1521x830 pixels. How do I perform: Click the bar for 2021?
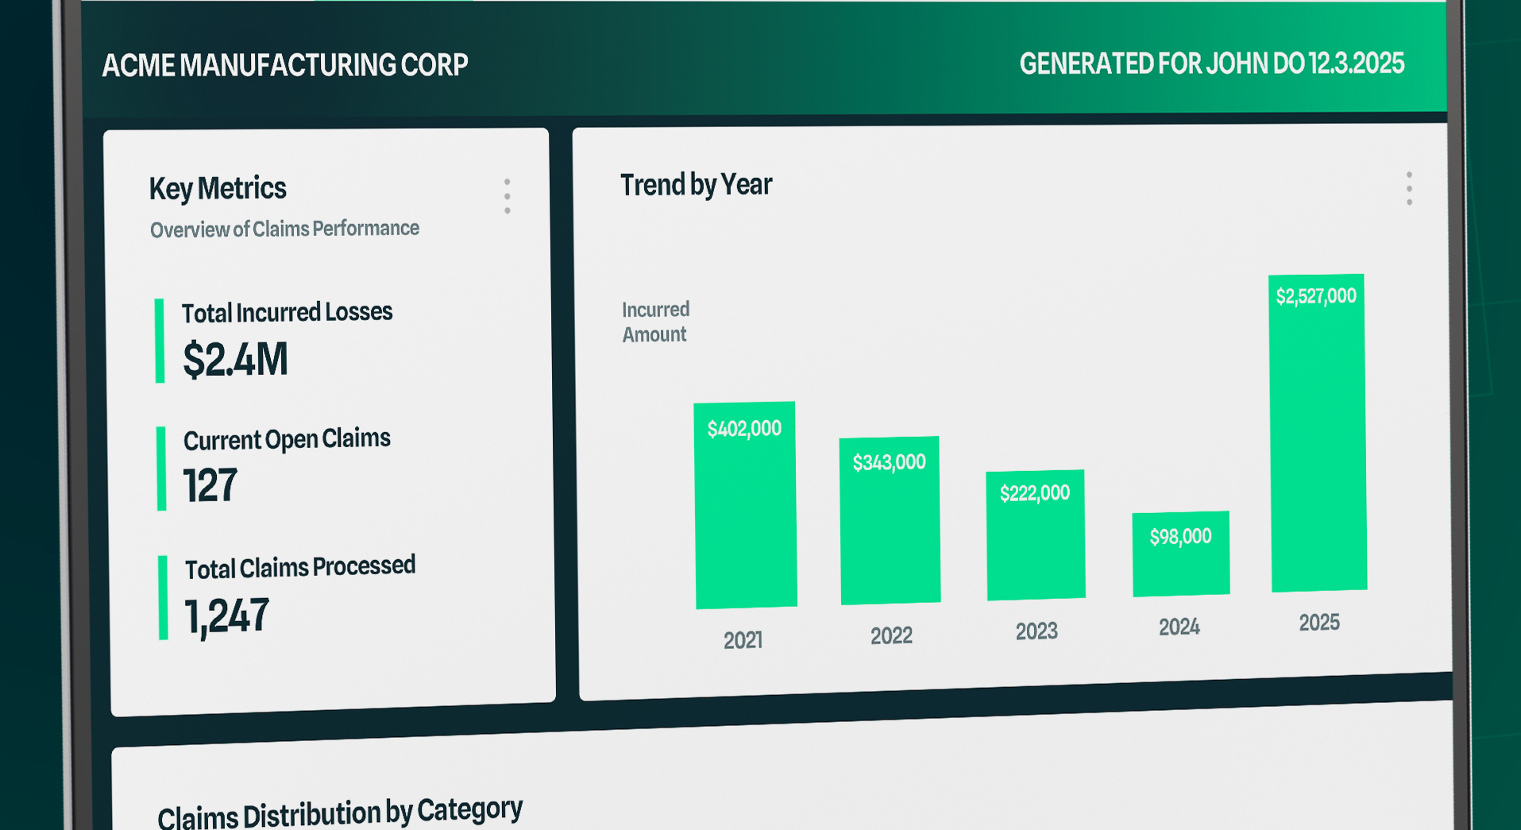pos(746,505)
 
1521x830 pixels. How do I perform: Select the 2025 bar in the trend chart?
pos(1318,433)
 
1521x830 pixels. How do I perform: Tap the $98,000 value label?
pos(1181,537)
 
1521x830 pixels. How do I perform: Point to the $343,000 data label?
pos(890,462)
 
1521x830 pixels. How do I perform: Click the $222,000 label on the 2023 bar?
pos(1035,493)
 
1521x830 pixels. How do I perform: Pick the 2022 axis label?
pos(891,635)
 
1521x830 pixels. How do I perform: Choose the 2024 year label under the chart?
pos(1179,627)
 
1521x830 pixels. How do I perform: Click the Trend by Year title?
pos(696,184)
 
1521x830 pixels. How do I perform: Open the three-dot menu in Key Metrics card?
pos(507,196)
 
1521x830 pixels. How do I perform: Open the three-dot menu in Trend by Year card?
pos(1409,189)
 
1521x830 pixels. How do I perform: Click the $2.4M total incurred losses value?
pos(235,359)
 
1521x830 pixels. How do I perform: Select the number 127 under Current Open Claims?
pos(210,485)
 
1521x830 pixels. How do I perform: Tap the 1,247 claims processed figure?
pos(227,616)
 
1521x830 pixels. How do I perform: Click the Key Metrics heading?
pos(218,188)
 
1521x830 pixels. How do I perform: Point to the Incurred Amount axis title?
pos(655,322)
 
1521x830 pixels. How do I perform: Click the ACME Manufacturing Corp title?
pos(285,65)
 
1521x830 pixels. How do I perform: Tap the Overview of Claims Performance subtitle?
pos(284,230)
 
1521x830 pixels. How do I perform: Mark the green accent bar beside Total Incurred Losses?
pos(160,341)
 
